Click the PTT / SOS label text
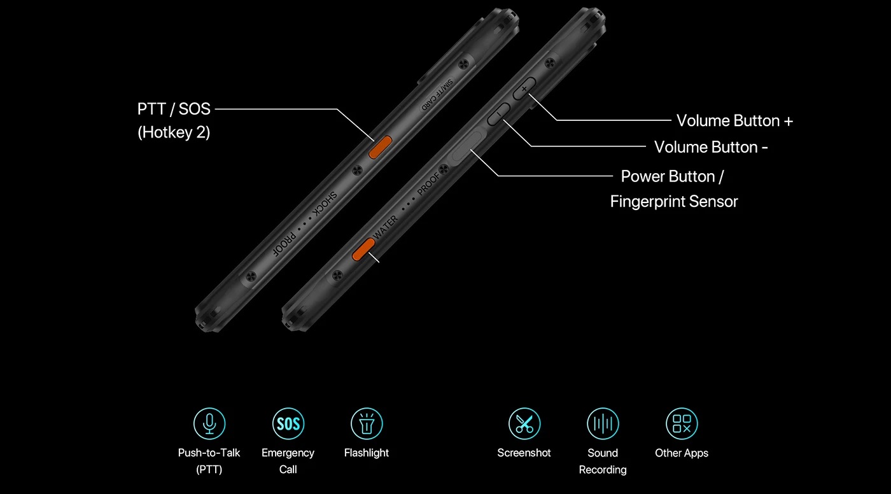[174, 109]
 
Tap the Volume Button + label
[734, 120]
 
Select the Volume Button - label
[711, 147]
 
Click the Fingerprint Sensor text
[674, 202]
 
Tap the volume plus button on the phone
[524, 88]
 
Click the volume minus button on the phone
[498, 115]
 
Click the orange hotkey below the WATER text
[363, 249]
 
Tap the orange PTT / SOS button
[381, 147]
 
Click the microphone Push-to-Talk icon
[209, 423]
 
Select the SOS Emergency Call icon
[288, 423]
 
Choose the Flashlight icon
[367, 423]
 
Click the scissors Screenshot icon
[524, 423]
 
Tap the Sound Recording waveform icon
[603, 423]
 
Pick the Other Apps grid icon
[682, 423]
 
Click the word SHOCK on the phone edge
[324, 204]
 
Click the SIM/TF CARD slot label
[437, 95]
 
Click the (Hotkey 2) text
[174, 132]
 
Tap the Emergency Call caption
[288, 461]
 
